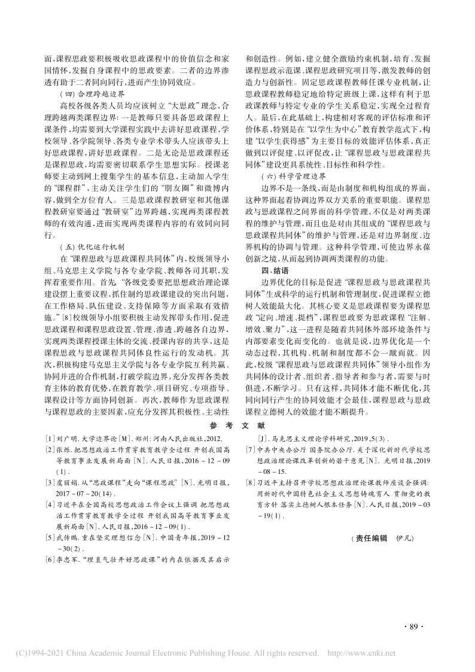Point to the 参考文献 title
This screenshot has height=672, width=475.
pos(237,425)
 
